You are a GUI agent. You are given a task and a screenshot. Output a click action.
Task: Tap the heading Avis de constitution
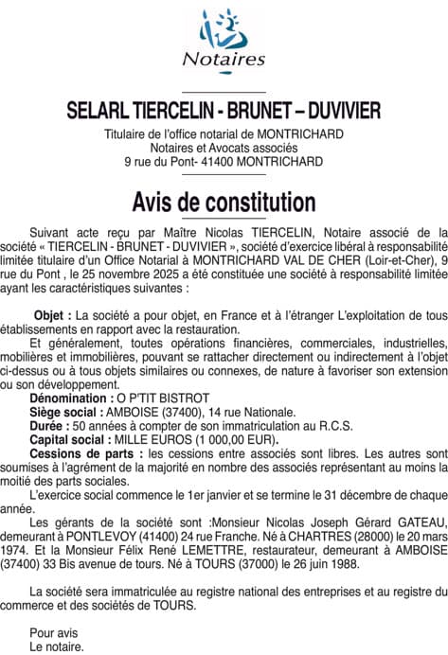[x=224, y=202]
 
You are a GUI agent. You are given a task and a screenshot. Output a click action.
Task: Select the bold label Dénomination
[x=74, y=400]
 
